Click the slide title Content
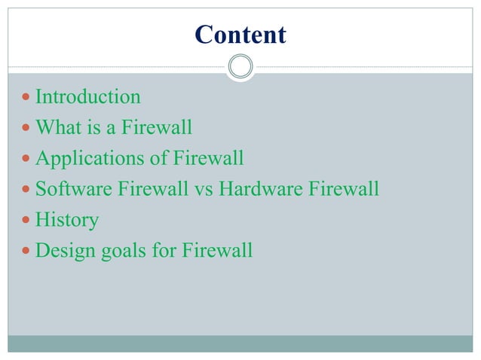click(240, 35)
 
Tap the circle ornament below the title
click(240, 67)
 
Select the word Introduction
click(88, 97)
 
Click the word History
click(67, 221)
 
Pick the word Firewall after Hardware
click(342, 189)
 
